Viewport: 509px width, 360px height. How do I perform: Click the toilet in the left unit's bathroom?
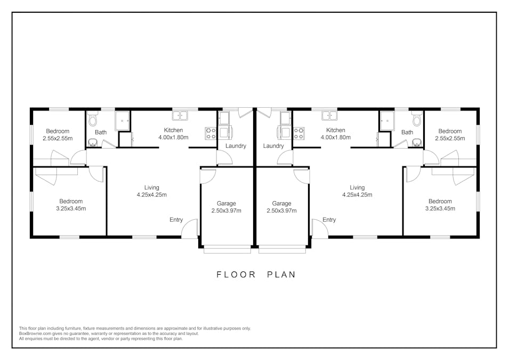pos(93,119)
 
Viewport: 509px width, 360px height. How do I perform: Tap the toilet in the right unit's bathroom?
pos(416,119)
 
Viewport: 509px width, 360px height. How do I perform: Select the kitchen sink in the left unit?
pos(180,115)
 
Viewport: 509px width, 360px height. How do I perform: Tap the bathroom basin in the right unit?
pos(416,142)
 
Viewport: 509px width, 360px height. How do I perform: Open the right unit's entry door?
pos(320,230)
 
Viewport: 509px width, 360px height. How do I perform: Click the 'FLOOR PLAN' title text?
pos(255,275)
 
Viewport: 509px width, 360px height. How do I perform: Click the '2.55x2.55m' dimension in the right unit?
pos(450,138)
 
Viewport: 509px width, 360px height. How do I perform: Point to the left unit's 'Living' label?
pos(151,188)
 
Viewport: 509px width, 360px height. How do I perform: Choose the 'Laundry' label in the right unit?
pos(273,146)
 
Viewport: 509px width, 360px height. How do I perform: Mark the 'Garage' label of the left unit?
pos(226,203)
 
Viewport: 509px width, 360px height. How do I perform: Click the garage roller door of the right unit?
pos(282,248)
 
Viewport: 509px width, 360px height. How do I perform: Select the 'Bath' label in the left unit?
pos(101,133)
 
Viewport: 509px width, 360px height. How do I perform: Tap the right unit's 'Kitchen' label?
pos(335,130)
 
